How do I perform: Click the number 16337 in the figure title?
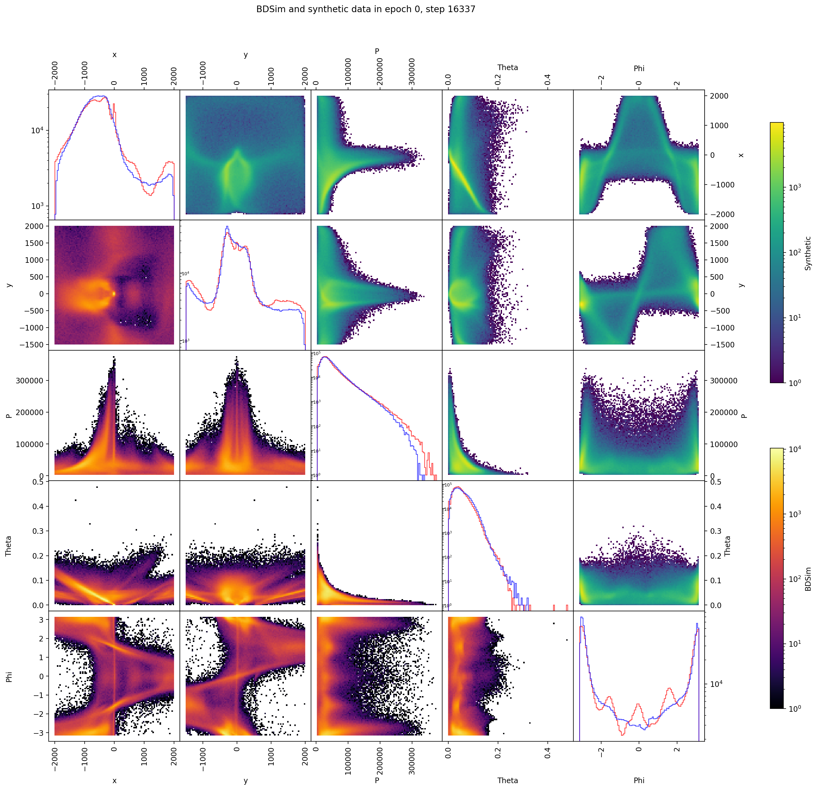click(x=462, y=9)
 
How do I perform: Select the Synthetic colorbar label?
click(x=808, y=253)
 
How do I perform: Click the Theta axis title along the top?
click(x=507, y=67)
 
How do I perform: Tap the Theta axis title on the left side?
click(x=8, y=546)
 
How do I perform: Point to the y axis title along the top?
click(x=245, y=54)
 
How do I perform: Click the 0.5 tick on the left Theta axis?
click(x=38, y=482)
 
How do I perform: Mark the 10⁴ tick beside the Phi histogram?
click(x=717, y=684)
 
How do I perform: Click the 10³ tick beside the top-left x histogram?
click(x=38, y=206)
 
